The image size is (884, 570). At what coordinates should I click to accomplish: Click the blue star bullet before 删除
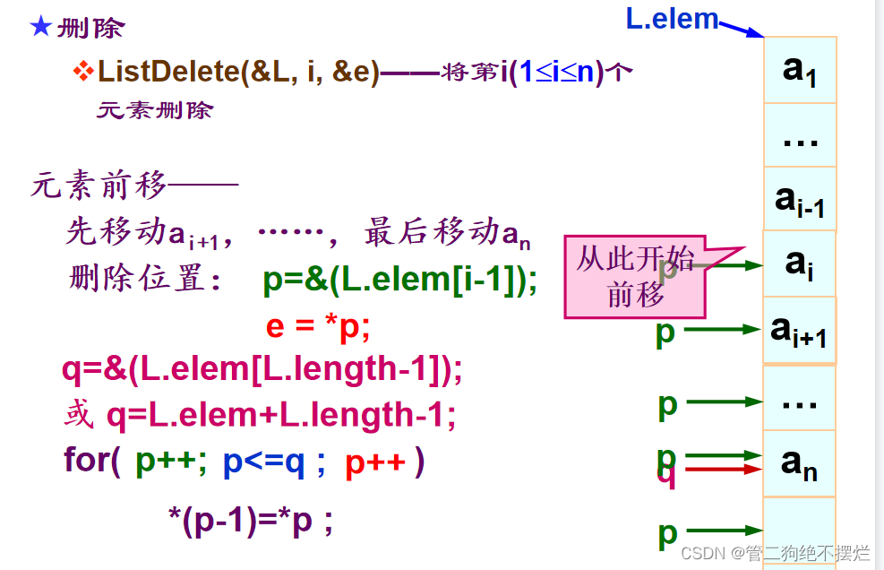pyautogui.click(x=40, y=26)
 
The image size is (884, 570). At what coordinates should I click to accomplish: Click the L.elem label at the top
pyautogui.click(x=672, y=19)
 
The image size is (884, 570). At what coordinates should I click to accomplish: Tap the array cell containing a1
pyautogui.click(x=800, y=70)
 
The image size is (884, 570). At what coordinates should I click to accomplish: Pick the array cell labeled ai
pyautogui.click(x=799, y=263)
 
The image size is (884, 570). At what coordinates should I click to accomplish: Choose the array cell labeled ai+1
pyautogui.click(x=799, y=331)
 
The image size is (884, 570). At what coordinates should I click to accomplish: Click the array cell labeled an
pyautogui.click(x=799, y=463)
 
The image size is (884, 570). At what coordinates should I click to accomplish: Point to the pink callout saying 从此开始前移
pyautogui.click(x=635, y=277)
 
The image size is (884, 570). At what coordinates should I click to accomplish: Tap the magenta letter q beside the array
pyautogui.click(x=666, y=475)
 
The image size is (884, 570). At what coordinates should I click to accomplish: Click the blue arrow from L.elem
pyautogui.click(x=742, y=29)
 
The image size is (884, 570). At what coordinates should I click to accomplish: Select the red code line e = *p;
pyautogui.click(x=318, y=326)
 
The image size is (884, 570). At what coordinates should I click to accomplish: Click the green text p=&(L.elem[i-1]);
pyautogui.click(x=400, y=281)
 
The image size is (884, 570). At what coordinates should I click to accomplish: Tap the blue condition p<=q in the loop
pyautogui.click(x=264, y=462)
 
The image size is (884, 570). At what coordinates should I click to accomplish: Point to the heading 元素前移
pyautogui.click(x=99, y=186)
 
